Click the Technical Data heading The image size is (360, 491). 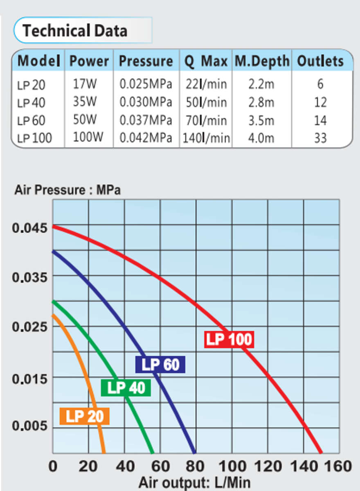tap(74, 31)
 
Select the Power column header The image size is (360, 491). tap(89, 61)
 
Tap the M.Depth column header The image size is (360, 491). tap(262, 61)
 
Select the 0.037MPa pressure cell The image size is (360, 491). tap(146, 120)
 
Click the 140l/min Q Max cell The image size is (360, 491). tap(207, 138)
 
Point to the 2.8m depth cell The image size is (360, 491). tap(261, 102)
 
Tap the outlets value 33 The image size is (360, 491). tap(320, 138)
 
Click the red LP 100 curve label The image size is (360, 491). tap(229, 340)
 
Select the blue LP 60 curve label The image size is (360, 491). tap(160, 364)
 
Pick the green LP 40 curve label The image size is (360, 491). tap(126, 388)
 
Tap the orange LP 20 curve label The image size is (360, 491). tap(84, 416)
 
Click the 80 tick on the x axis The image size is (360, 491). tap(196, 466)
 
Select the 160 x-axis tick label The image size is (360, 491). tap(338, 466)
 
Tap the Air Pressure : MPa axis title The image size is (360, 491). tap(67, 190)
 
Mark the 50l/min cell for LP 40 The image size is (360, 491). tap(206, 102)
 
